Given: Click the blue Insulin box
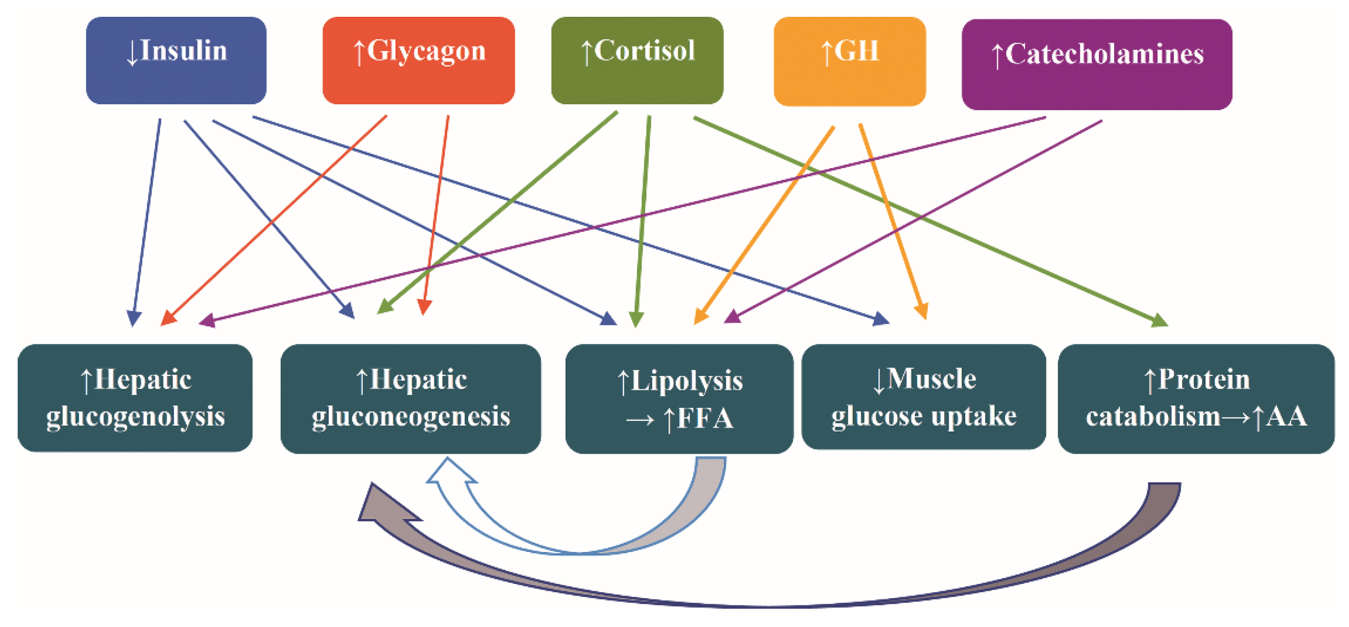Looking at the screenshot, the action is (x=176, y=60).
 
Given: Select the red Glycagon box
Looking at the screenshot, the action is (x=418, y=60).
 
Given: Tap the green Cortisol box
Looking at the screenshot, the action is (x=637, y=60).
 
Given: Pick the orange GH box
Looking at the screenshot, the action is (x=849, y=61).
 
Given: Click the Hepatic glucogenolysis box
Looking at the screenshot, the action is (x=135, y=398).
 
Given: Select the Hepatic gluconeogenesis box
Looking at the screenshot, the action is (x=410, y=399).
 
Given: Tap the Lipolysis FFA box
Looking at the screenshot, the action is (x=679, y=399).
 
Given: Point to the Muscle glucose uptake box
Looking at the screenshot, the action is (x=924, y=396).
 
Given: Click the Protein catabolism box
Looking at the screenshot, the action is (x=1196, y=399).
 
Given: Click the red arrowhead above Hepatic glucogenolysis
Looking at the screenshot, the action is (x=169, y=318).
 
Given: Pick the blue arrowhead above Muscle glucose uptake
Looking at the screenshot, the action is (x=881, y=318).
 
